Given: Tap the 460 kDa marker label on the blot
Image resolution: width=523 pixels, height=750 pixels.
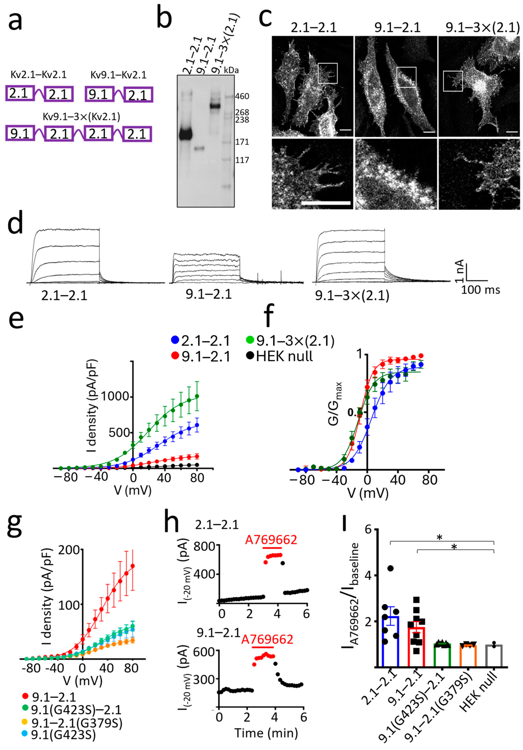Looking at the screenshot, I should (x=242, y=96).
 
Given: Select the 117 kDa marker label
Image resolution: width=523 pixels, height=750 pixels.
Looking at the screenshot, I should (x=242, y=160).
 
